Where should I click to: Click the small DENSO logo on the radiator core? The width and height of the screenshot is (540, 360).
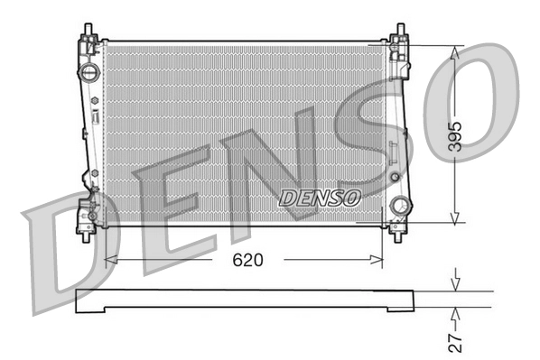click(320, 196)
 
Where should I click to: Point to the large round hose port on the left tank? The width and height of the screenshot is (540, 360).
click(89, 71)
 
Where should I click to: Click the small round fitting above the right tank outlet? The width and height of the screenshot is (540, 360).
click(394, 176)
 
